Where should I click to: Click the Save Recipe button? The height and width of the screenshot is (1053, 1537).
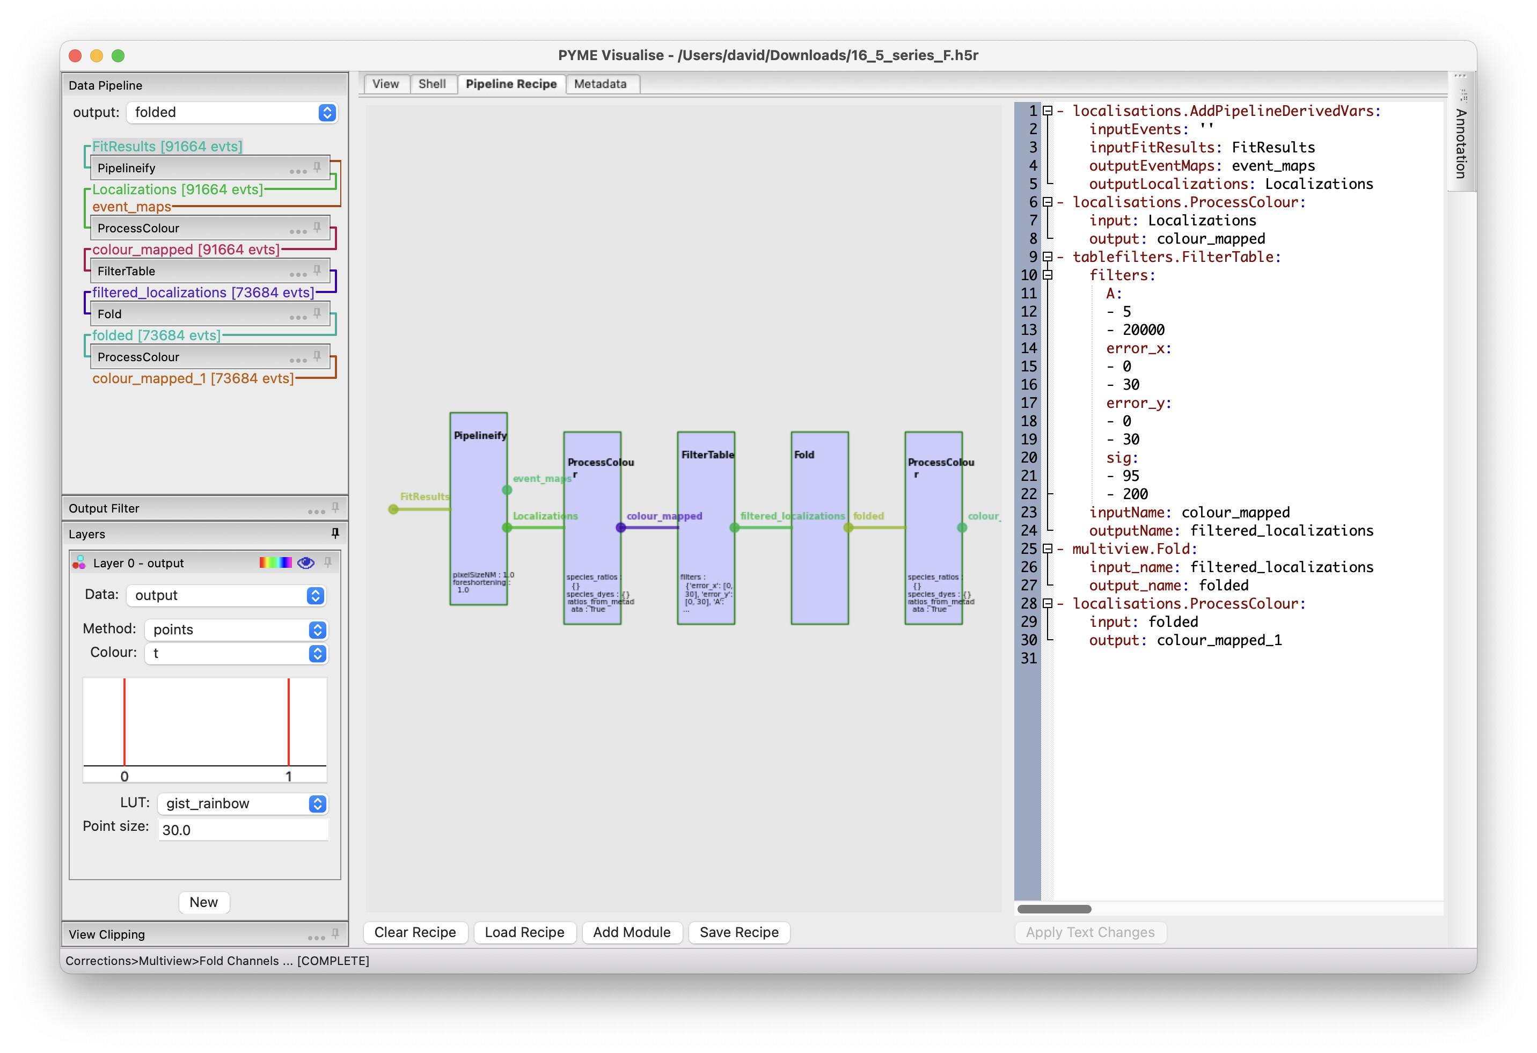pyautogui.click(x=739, y=932)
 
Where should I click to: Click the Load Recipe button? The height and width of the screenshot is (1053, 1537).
pyautogui.click(x=524, y=932)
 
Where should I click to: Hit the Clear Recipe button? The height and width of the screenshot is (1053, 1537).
pyautogui.click(x=415, y=932)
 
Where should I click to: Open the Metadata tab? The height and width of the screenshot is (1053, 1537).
pyautogui.click(x=600, y=84)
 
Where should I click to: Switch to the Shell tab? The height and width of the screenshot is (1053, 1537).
pyautogui.click(x=432, y=84)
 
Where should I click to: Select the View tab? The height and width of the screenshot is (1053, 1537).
pyautogui.click(x=385, y=84)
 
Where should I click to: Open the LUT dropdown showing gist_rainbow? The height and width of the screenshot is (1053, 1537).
pyautogui.click(x=242, y=803)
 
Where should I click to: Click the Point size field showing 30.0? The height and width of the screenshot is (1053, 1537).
pyautogui.click(x=242, y=829)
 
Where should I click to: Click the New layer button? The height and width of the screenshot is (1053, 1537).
pyautogui.click(x=204, y=902)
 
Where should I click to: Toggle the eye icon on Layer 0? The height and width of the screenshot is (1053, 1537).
pyautogui.click(x=305, y=563)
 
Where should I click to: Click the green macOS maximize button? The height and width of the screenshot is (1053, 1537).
pyautogui.click(x=118, y=56)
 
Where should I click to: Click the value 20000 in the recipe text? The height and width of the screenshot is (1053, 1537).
pyautogui.click(x=1144, y=330)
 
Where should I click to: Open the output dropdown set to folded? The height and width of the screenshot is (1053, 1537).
pyautogui.click(x=231, y=113)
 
